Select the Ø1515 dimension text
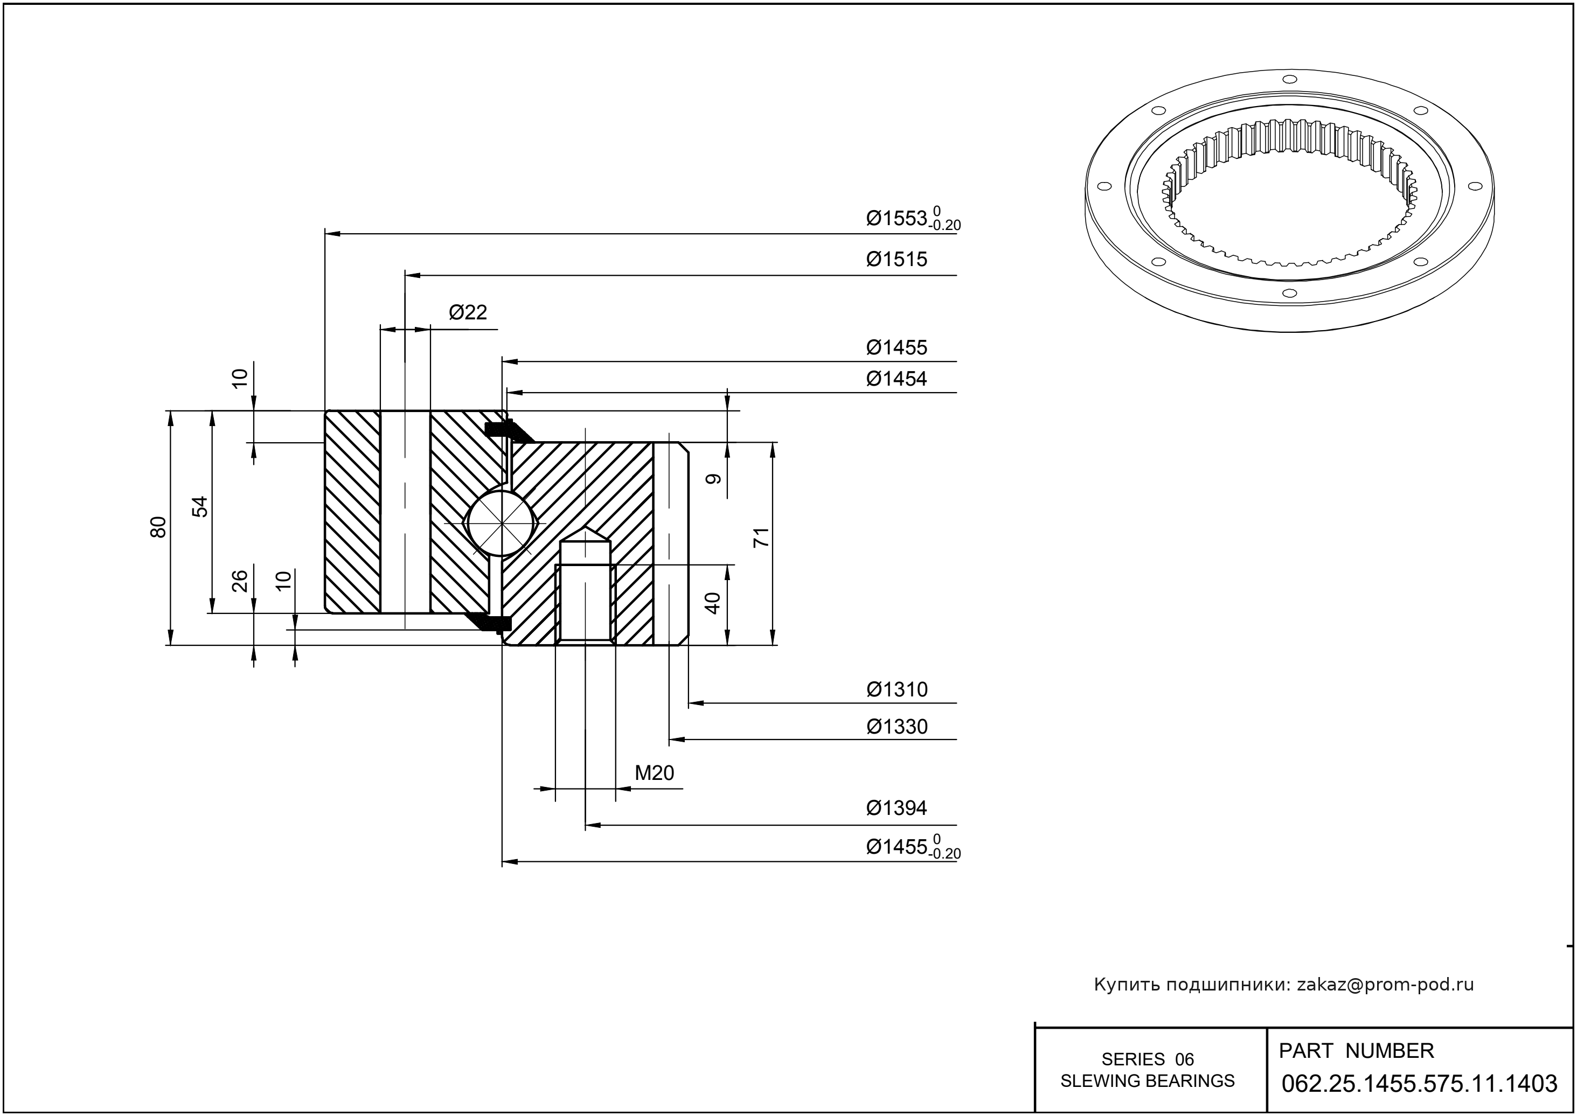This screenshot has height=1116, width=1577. tap(897, 259)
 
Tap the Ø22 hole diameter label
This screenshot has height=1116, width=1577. tap(468, 313)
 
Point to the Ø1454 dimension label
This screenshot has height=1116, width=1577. tap(897, 379)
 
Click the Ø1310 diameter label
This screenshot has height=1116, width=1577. tap(897, 689)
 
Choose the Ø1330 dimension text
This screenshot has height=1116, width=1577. tap(897, 727)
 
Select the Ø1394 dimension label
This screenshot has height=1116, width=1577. tap(897, 807)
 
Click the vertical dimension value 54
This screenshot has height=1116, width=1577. tap(199, 506)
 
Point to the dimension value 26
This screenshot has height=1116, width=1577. tap(239, 581)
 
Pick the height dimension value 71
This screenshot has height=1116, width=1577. tap(761, 538)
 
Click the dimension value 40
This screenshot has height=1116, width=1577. tap(713, 603)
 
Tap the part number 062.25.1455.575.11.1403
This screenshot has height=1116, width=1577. tap(1420, 1084)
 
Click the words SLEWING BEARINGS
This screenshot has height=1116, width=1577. tap(1148, 1081)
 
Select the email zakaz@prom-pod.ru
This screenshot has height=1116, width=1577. tap(1385, 985)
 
